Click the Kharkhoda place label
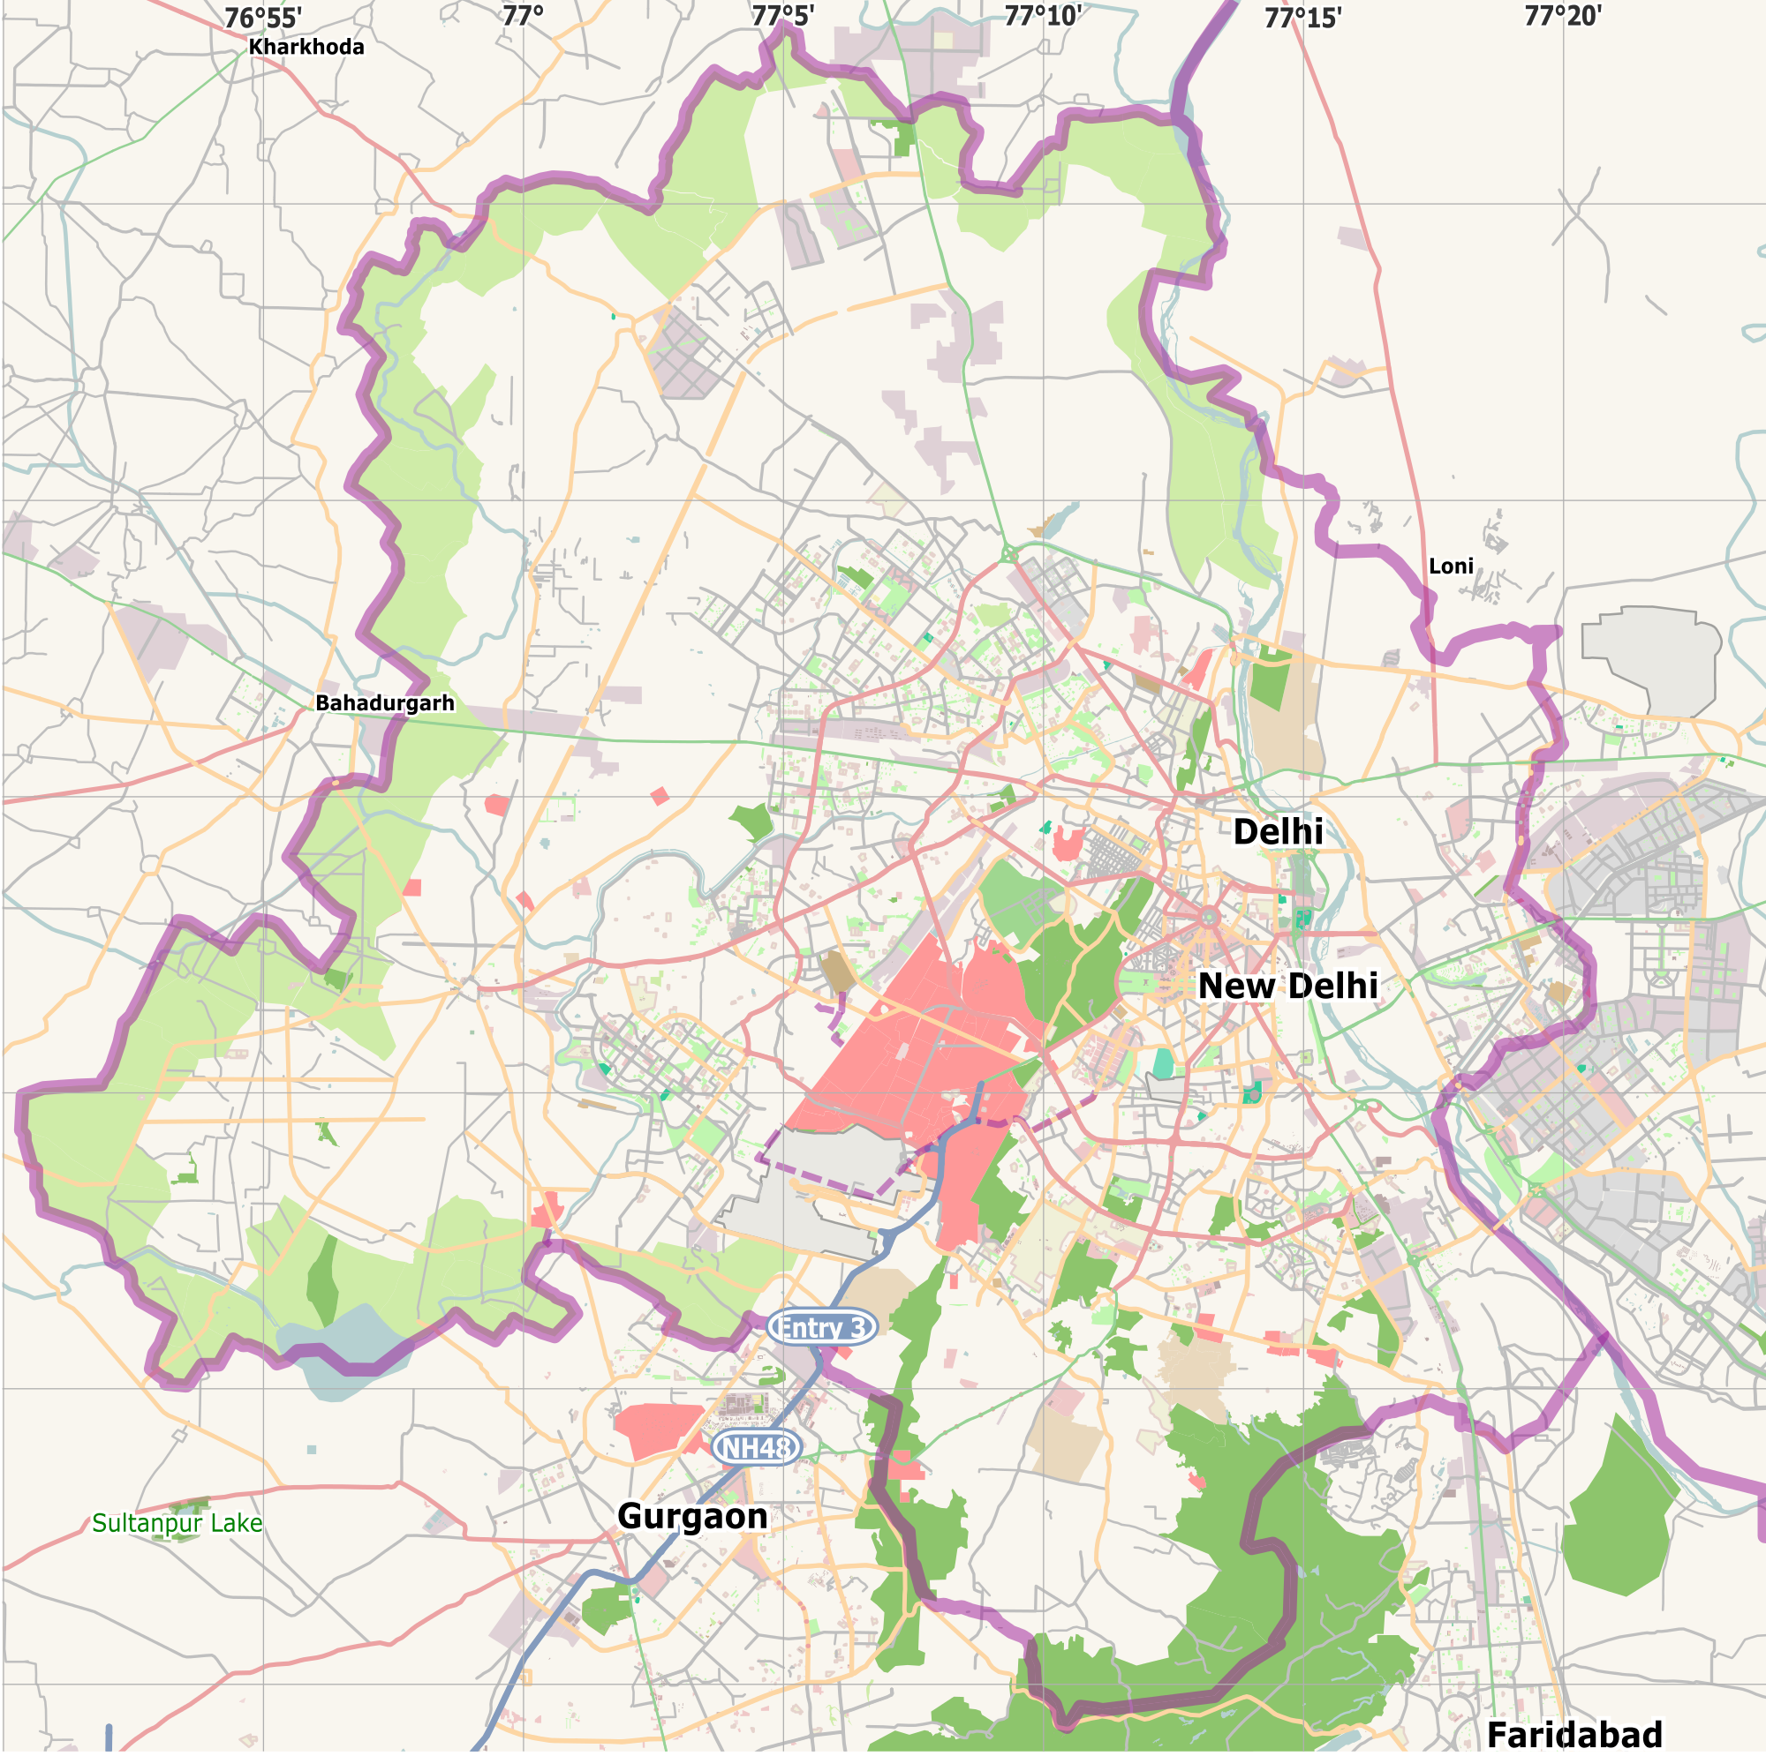[x=306, y=47]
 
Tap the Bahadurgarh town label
[x=385, y=702]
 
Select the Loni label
[x=1451, y=567]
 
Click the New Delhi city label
[x=1287, y=986]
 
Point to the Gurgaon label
[x=693, y=1517]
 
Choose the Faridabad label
[x=1574, y=1733]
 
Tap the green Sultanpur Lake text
[x=177, y=1523]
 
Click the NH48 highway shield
[x=756, y=1447]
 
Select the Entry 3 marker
[x=822, y=1326]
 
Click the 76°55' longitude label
[x=263, y=18]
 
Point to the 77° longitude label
[x=523, y=16]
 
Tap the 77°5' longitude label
[x=782, y=16]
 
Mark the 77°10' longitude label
[x=1043, y=16]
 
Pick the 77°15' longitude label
[x=1302, y=18]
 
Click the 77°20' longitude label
[x=1562, y=16]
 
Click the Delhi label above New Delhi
[x=1277, y=831]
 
